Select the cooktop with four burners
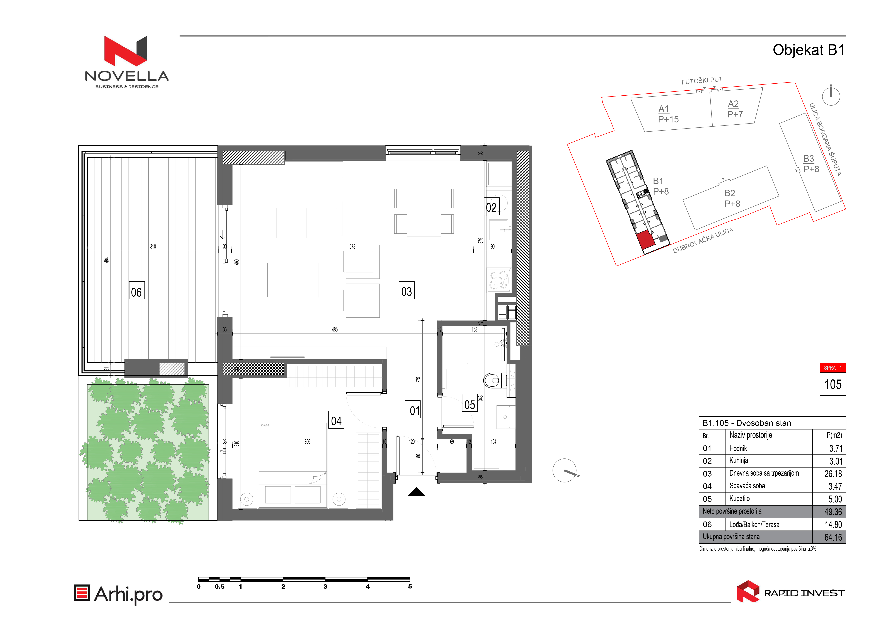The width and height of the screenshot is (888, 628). coord(499,280)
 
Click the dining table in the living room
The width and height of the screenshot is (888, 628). coord(424,211)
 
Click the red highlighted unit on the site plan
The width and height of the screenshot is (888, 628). coord(645,240)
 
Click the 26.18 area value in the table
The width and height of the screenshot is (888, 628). coord(833,474)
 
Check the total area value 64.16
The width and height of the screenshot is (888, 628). coord(833,537)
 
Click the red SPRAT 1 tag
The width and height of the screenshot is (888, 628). coord(833,368)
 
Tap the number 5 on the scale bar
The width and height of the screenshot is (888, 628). coord(410,586)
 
